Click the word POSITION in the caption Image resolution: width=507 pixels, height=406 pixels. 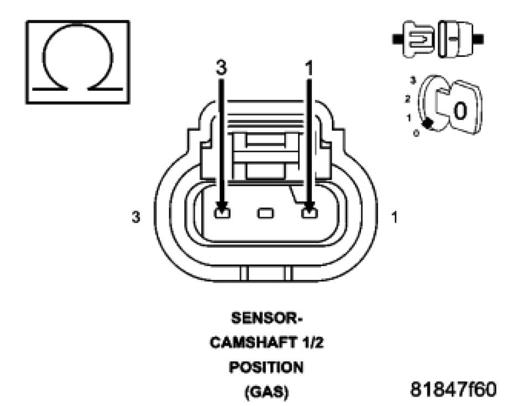(x=266, y=366)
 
